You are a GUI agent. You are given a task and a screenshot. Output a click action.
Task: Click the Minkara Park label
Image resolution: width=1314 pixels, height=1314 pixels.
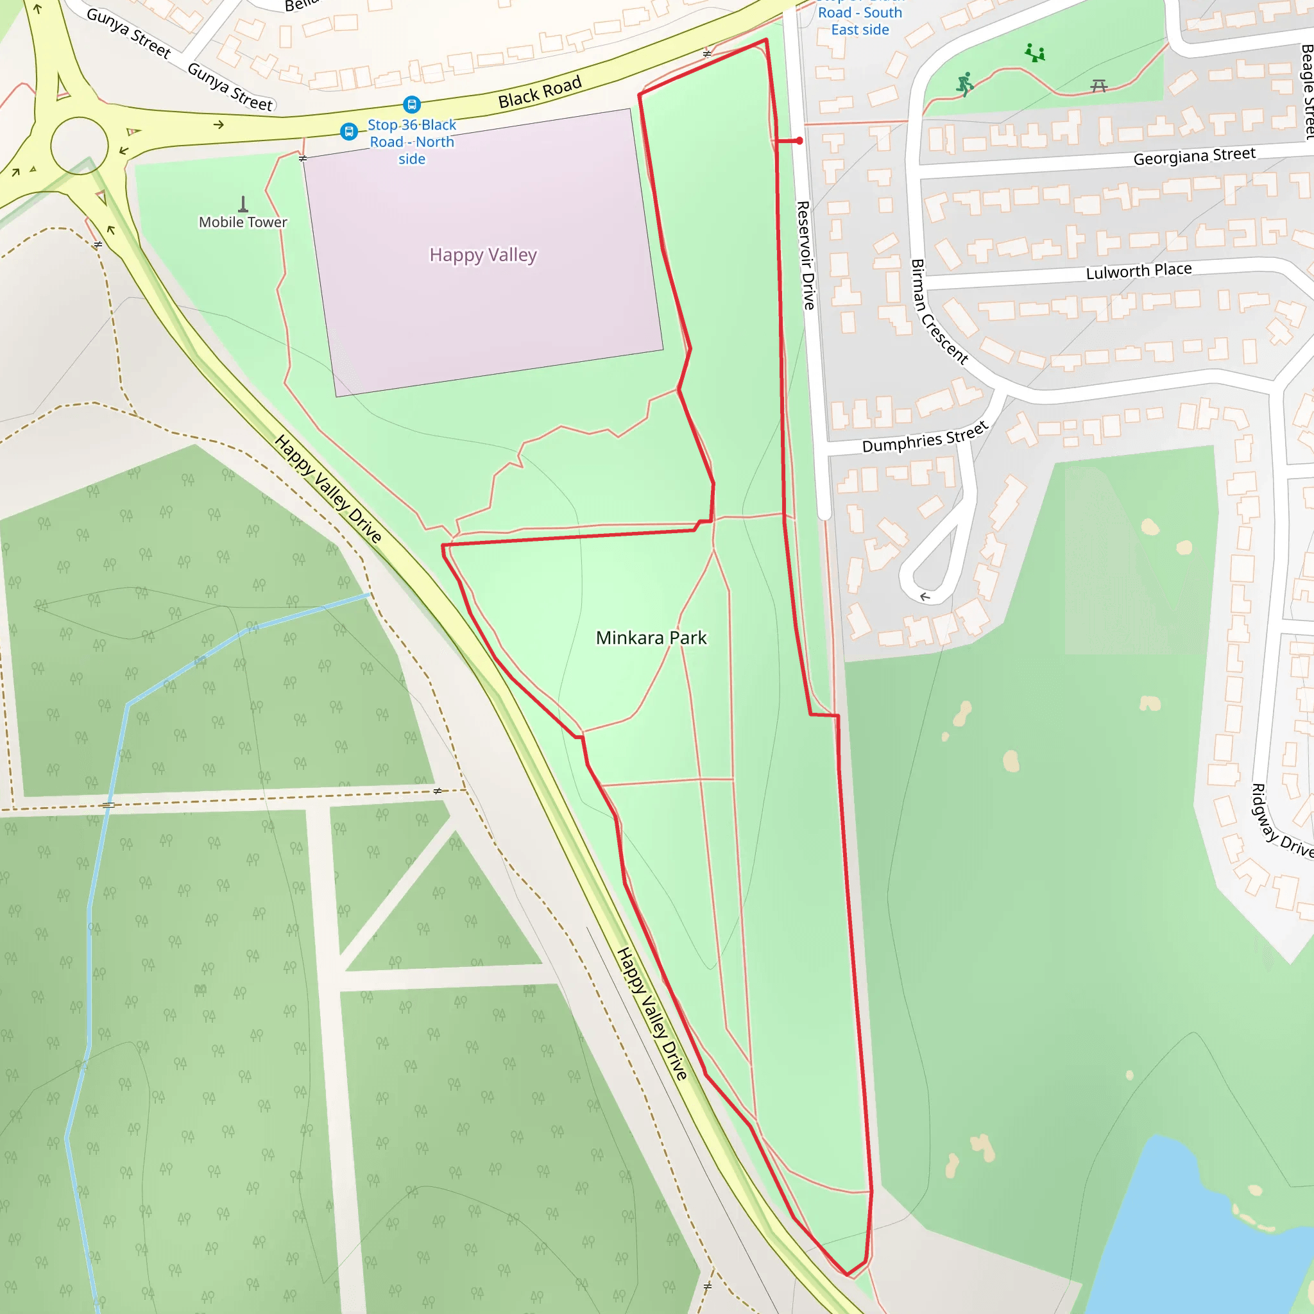click(x=651, y=638)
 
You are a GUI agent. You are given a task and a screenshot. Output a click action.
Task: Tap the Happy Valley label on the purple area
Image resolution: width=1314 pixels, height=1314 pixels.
click(x=483, y=255)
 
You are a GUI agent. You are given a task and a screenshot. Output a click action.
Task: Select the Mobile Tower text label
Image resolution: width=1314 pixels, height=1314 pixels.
click(x=243, y=223)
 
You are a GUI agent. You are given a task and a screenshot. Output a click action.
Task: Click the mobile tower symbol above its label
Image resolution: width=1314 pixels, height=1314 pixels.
click(x=243, y=203)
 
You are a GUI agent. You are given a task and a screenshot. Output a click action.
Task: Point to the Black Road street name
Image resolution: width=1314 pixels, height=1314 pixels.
click(x=540, y=92)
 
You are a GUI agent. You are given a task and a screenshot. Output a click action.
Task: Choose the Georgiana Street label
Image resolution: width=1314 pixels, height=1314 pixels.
click(x=1193, y=157)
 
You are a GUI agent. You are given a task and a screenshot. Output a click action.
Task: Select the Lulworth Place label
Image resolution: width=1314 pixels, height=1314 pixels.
click(x=1139, y=271)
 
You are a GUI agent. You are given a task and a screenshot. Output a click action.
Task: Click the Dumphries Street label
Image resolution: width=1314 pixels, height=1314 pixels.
click(x=925, y=438)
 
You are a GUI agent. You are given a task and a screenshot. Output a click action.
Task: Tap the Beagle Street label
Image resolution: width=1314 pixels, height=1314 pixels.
click(x=1306, y=92)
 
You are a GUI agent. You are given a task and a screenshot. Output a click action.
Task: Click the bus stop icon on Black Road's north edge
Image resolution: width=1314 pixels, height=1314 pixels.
click(x=411, y=105)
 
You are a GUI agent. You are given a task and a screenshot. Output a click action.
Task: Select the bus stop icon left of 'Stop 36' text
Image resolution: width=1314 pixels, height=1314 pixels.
click(x=349, y=132)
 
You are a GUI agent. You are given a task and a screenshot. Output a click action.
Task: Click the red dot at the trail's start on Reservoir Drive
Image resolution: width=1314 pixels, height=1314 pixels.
click(x=800, y=141)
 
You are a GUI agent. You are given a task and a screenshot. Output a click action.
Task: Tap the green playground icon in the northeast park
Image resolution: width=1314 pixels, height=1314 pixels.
click(x=1035, y=53)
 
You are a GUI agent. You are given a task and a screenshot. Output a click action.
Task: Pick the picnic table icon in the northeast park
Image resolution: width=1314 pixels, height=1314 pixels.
click(x=1099, y=86)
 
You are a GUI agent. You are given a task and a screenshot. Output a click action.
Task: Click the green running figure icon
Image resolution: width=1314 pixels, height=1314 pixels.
click(x=964, y=83)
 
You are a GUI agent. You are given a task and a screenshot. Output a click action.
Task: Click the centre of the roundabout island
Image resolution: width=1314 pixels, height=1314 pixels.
click(x=80, y=146)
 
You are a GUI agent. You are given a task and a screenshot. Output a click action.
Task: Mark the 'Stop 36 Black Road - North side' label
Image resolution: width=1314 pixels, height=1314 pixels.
click(x=411, y=142)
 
